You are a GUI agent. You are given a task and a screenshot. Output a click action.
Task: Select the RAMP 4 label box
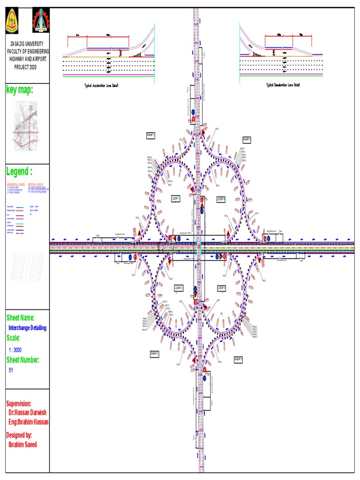[x=247, y=140]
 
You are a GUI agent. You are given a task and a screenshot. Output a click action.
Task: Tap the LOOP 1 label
[x=176, y=199]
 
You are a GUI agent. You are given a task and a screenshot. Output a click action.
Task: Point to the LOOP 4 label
[x=221, y=199]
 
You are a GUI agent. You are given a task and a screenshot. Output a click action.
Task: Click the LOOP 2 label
[x=179, y=287]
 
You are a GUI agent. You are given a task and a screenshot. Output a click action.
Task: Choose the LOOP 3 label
[x=222, y=287]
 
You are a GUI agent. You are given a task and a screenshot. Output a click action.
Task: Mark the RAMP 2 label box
[x=155, y=353]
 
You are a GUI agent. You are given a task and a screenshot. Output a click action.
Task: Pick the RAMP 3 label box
[x=239, y=359]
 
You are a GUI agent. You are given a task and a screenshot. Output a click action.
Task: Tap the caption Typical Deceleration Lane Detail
[x=283, y=85]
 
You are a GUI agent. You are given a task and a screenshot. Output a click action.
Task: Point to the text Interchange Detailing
[x=28, y=328]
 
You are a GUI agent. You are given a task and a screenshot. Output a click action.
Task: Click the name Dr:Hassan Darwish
[x=27, y=412]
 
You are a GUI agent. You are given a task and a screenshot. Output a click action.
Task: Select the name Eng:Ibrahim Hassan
[x=28, y=422]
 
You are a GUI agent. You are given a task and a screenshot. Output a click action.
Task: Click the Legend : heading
[x=19, y=171]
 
